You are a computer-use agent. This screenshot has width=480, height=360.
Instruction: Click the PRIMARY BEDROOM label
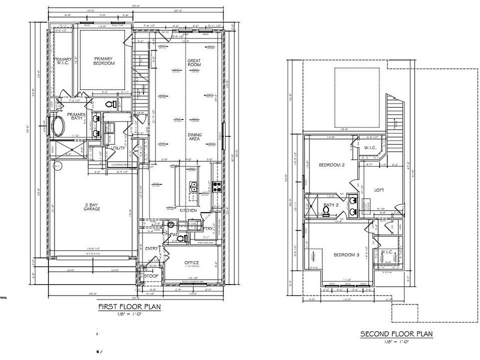[x=104, y=60]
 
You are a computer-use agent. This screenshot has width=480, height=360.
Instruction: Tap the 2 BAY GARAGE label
[x=92, y=206]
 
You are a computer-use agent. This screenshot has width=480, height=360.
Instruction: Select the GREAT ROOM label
[x=194, y=62]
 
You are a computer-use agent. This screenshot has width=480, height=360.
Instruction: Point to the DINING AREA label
[x=194, y=137]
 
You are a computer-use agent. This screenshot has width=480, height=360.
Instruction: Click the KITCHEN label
[x=188, y=211]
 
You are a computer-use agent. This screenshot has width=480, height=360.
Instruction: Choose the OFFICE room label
[x=191, y=262]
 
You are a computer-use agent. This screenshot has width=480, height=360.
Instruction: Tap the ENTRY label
[x=152, y=248]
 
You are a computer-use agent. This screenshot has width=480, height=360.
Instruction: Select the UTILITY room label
[x=118, y=148]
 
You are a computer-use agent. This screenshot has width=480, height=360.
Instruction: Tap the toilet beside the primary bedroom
[x=112, y=104]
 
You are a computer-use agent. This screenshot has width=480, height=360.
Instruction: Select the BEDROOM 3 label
[x=346, y=255]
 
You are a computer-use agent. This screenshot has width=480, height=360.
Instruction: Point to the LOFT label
[x=379, y=190]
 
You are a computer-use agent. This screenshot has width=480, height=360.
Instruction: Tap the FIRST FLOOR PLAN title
[x=129, y=306]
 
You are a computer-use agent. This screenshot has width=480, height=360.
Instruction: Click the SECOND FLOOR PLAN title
[x=396, y=334]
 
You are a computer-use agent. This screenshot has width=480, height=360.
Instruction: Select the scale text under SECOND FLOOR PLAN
[x=396, y=341]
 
